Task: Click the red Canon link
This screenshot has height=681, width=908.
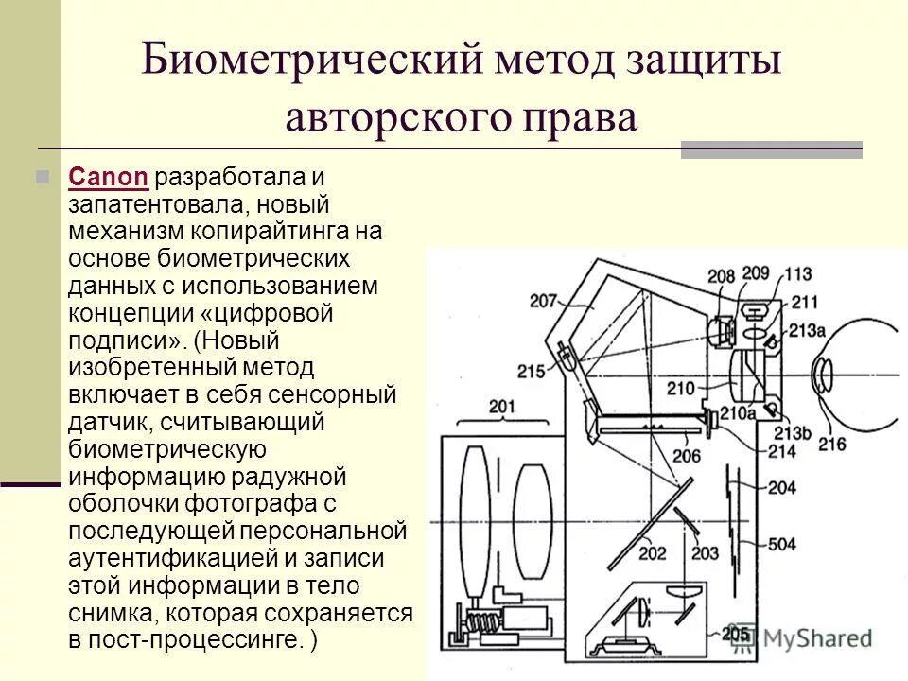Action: pyautogui.click(x=108, y=177)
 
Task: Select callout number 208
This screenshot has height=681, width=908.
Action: pyautogui.click(x=721, y=276)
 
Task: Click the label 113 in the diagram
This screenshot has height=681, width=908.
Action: pyautogui.click(x=797, y=275)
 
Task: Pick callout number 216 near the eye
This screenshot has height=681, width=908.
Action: pyautogui.click(x=831, y=444)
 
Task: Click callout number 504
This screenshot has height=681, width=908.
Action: pyautogui.click(x=781, y=544)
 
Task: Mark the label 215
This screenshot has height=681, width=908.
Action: pyautogui.click(x=533, y=371)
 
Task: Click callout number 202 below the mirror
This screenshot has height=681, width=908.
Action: pyautogui.click(x=653, y=553)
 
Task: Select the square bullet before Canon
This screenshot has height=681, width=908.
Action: pyautogui.click(x=41, y=177)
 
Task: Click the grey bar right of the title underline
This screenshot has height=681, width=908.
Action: pyautogui.click(x=771, y=148)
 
